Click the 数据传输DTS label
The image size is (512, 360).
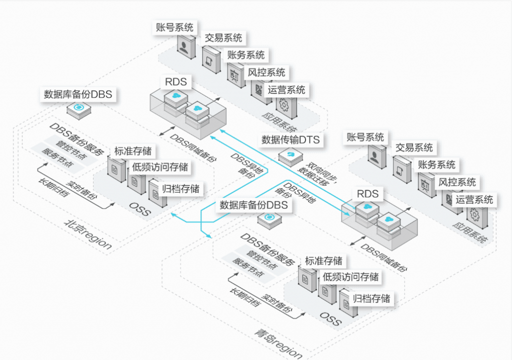tap(290, 139)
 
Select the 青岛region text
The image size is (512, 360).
tap(278, 343)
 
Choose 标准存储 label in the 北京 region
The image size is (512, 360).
tap(132, 151)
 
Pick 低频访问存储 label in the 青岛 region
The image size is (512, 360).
tap(350, 276)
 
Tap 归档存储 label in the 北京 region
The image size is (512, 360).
tap(180, 188)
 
